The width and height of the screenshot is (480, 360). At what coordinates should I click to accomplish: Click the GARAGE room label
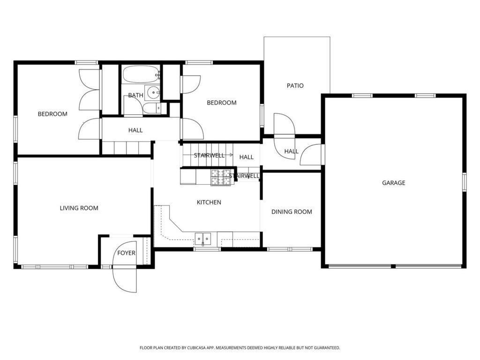(x=393, y=183)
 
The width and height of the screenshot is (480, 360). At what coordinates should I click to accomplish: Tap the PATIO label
(x=295, y=86)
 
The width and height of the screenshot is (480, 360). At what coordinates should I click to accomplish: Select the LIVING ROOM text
(x=79, y=208)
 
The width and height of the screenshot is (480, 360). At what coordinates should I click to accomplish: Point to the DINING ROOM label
(x=292, y=212)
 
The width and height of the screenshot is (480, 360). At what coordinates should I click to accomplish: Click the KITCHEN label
(x=209, y=202)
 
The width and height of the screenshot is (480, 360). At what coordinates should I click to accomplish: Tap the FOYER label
(x=126, y=253)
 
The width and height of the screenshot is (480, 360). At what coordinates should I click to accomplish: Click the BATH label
(x=135, y=95)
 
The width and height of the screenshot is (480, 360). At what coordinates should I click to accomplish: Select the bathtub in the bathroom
(x=141, y=75)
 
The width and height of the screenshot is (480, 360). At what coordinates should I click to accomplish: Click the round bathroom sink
(x=152, y=92)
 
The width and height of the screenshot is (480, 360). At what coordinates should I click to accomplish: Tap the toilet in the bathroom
(x=152, y=108)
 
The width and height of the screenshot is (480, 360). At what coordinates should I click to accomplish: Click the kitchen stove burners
(x=220, y=177)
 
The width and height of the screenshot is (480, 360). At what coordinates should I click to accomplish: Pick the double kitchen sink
(x=203, y=238)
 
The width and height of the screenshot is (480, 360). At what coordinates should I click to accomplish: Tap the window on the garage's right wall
(x=464, y=182)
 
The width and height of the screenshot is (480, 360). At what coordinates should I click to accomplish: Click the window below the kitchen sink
(x=207, y=249)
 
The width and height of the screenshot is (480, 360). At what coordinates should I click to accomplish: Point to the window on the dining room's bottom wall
(x=290, y=249)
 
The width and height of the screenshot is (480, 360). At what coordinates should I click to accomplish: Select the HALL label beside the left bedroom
(x=135, y=130)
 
